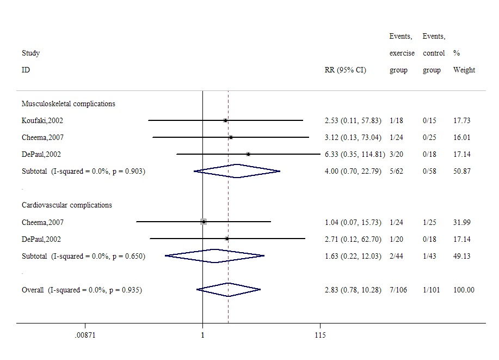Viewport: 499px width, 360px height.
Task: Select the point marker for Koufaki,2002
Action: (x=225, y=120)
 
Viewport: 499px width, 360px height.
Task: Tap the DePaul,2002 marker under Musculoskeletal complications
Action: (x=249, y=154)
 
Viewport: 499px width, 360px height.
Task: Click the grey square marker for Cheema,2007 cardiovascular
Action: (x=204, y=222)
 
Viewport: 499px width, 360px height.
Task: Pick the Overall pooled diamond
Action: (x=229, y=290)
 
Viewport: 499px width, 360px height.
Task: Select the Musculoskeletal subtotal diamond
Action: (x=237, y=171)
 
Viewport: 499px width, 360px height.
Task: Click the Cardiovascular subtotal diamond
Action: (x=214, y=255)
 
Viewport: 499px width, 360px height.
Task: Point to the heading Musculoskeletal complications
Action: (x=69, y=103)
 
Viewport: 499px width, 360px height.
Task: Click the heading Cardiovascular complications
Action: (x=67, y=205)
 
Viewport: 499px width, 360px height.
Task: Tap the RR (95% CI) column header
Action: (x=345, y=70)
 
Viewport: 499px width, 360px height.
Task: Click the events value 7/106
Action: (x=400, y=290)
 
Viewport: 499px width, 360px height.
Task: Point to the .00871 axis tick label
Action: (x=85, y=335)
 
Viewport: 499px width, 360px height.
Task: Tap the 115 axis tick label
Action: (x=320, y=335)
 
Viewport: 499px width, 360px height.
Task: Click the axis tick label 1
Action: (x=202, y=335)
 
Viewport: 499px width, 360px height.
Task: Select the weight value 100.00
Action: (x=464, y=290)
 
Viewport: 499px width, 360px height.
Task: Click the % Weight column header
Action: (x=464, y=62)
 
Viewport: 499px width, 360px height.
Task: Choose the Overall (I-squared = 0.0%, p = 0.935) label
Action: (x=82, y=290)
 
